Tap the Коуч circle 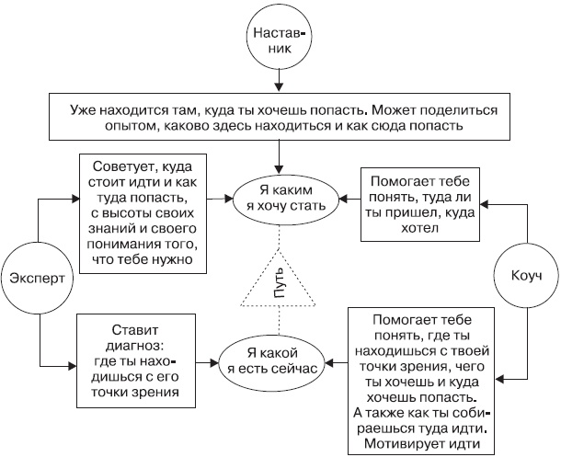[521, 275]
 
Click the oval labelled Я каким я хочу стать [280, 198]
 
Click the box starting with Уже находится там [279, 116]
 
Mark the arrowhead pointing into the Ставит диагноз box [74, 371]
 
